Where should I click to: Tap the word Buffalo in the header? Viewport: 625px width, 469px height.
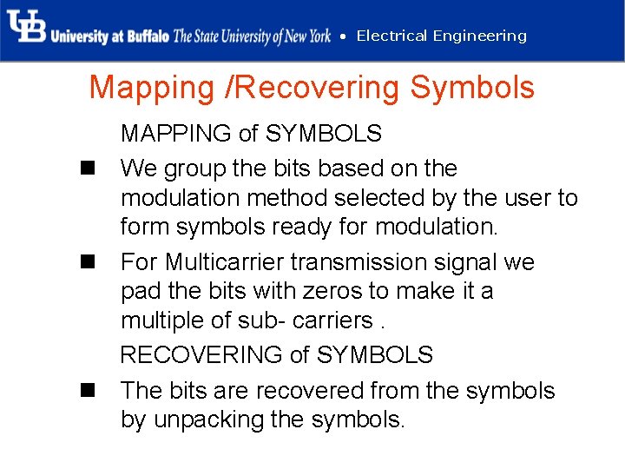pos(148,36)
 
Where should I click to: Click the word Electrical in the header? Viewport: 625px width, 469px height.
pos(391,36)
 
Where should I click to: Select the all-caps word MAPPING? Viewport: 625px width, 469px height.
pos(176,134)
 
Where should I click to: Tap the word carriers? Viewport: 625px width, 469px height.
pos(335,320)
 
